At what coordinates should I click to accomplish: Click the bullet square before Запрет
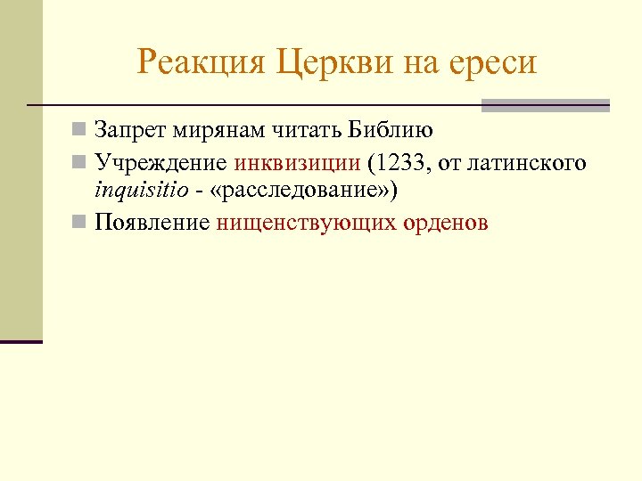click(x=79, y=131)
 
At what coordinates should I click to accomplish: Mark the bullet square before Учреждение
click(x=79, y=162)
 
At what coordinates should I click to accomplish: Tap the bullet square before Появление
click(x=79, y=222)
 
